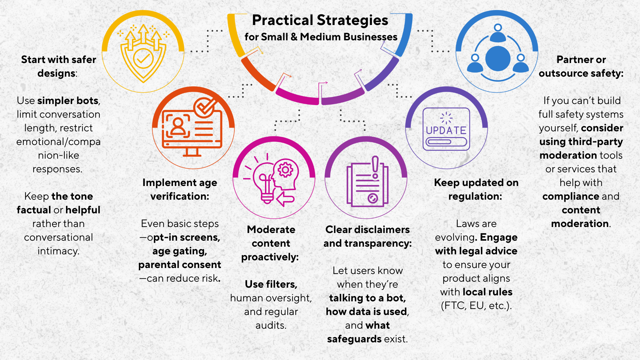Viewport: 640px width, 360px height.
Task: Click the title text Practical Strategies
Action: (x=320, y=20)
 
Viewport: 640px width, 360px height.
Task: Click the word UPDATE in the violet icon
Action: (x=446, y=130)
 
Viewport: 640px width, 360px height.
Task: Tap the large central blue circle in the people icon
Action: (x=498, y=59)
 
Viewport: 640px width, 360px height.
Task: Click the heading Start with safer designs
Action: (x=58, y=66)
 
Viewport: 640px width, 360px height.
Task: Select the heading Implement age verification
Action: (x=180, y=189)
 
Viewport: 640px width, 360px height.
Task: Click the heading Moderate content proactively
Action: (x=271, y=243)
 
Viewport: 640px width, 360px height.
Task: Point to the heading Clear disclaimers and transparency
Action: (x=367, y=236)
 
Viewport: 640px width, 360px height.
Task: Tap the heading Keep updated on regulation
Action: (x=476, y=189)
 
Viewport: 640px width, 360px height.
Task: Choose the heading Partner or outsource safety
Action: (x=581, y=66)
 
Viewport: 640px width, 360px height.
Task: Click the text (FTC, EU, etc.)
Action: (x=476, y=306)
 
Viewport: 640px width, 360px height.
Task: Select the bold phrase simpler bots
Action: (x=68, y=101)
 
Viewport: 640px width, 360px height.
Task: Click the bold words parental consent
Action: (x=180, y=265)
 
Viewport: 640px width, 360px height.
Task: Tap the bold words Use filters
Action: (x=271, y=284)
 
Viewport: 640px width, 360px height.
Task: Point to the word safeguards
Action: (x=354, y=339)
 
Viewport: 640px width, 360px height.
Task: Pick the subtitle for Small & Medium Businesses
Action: (x=321, y=37)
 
